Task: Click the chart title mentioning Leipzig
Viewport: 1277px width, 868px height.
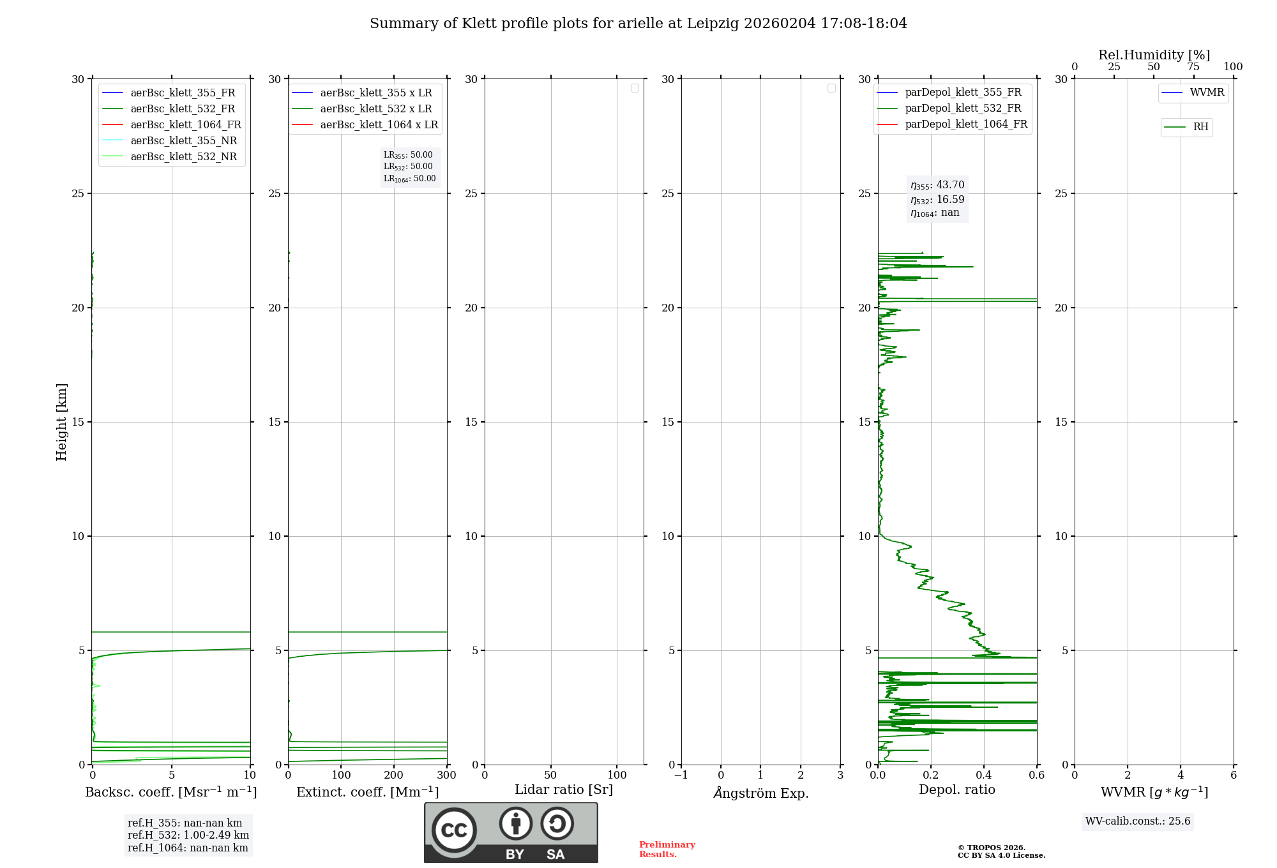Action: point(638,24)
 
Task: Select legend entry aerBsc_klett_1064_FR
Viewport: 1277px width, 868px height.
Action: point(185,124)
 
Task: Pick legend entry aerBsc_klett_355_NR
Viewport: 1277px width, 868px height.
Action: point(183,140)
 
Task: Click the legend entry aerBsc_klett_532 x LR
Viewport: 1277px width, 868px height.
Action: point(375,108)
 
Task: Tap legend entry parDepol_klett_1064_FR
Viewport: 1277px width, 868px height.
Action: point(965,124)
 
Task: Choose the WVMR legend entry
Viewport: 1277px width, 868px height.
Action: point(1206,93)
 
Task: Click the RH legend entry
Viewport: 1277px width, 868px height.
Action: point(1200,127)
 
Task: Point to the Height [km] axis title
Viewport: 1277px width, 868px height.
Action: point(61,421)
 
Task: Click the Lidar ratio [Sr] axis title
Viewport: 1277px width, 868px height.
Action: point(564,789)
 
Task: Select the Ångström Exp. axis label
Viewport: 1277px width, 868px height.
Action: point(760,793)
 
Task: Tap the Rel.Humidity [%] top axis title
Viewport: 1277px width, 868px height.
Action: point(1154,55)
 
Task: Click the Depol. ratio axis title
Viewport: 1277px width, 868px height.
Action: point(956,789)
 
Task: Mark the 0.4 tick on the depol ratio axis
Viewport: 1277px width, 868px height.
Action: point(984,775)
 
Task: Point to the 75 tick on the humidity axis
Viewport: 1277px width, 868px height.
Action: point(1193,67)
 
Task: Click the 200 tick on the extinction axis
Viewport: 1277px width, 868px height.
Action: point(394,775)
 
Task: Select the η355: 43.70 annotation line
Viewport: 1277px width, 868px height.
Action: point(937,185)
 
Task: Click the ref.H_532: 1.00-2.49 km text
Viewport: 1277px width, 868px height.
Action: point(188,835)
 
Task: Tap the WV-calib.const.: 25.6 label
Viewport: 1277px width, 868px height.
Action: point(1138,821)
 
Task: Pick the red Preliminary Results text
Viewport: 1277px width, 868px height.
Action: point(667,849)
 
